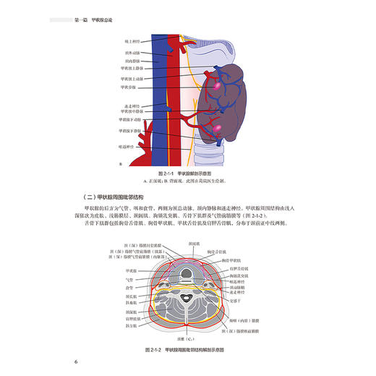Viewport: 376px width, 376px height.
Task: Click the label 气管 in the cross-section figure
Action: coord(129,278)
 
